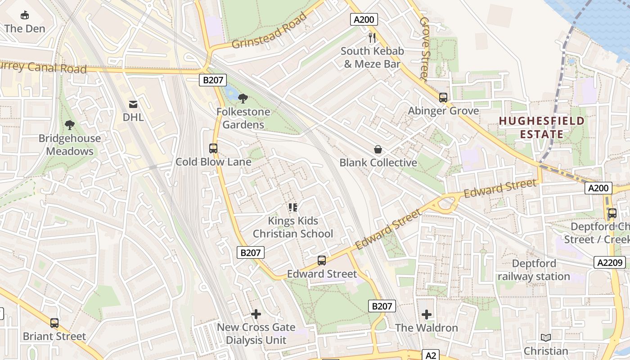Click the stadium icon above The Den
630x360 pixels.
point(25,15)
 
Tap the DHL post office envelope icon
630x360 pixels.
point(133,104)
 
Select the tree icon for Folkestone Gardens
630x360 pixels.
point(243,98)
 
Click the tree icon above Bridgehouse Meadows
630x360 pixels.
point(69,125)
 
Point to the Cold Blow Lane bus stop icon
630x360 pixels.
point(213,148)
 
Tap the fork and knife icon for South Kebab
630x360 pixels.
point(372,37)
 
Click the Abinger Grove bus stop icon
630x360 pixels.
point(443,97)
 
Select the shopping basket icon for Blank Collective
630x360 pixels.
point(378,149)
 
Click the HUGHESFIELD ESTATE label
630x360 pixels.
point(541,127)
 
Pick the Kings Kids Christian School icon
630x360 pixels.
point(293,207)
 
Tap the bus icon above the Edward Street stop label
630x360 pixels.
point(322,260)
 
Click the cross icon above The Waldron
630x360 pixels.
point(427,314)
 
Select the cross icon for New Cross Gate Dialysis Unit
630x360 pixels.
point(256,314)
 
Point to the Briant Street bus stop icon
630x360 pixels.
point(54,323)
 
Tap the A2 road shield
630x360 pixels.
point(431,355)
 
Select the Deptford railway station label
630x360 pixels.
point(534,270)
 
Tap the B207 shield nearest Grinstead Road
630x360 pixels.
point(212,80)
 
